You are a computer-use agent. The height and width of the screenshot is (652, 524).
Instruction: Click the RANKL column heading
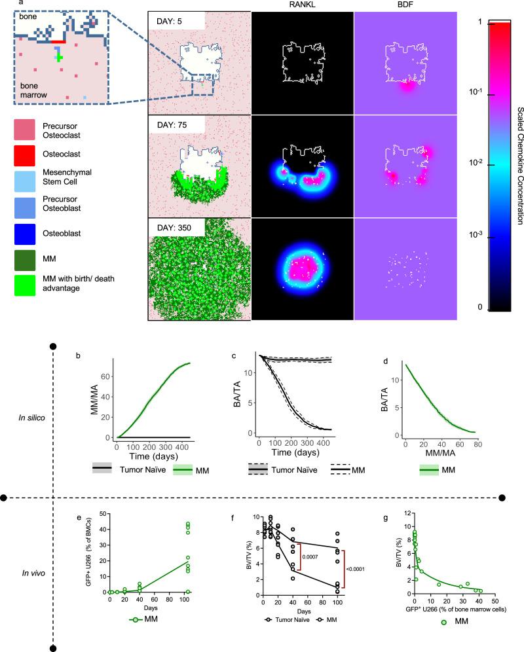[301, 5]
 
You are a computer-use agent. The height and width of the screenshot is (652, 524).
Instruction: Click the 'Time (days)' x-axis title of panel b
[151, 457]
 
